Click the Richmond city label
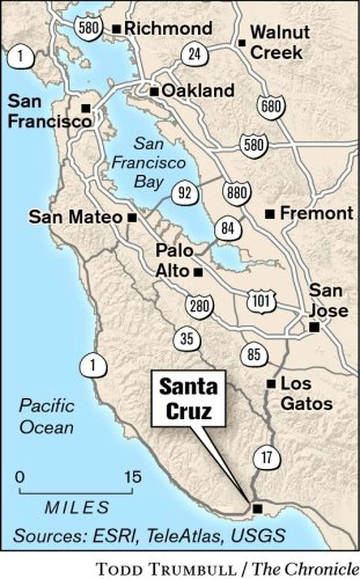168,29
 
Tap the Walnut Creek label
280,42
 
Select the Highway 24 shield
195,55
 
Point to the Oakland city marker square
154,92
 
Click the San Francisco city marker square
86,108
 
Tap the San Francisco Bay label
149,163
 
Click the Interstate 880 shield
237,192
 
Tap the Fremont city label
316,213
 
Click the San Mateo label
75,217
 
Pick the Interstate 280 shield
199,306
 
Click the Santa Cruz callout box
188,398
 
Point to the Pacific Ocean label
47,417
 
